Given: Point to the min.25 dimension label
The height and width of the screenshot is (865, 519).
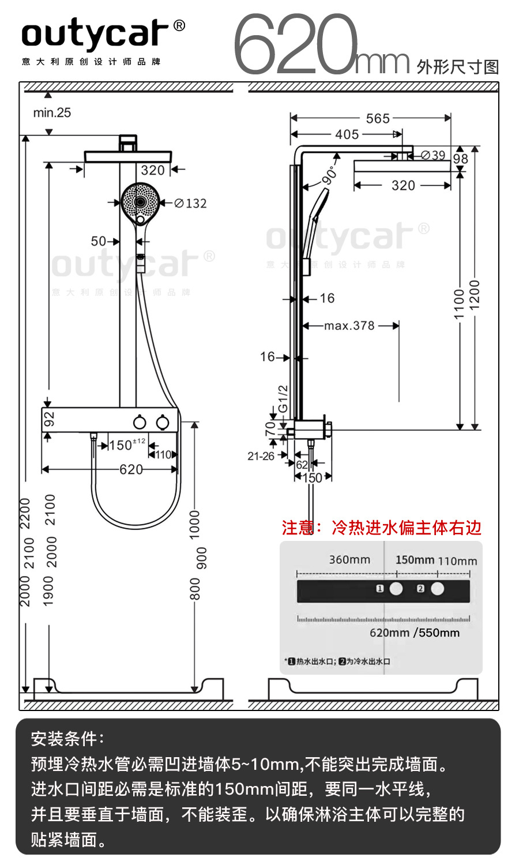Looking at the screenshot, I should pos(52,113).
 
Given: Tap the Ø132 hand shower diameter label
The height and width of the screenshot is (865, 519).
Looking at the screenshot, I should pos(190,203).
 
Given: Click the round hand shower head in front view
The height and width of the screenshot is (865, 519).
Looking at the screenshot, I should pos(140,202).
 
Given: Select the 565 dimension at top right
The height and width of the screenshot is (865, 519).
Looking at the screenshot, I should pos(378,118).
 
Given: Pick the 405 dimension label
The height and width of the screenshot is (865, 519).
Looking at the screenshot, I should pos(347,134).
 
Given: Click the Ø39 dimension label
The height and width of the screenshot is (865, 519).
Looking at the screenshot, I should pos(433,155).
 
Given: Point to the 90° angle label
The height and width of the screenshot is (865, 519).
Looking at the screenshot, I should pos(330,175).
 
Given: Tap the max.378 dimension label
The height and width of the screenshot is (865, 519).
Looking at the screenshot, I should pos(349,326).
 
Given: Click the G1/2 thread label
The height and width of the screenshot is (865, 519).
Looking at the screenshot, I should pos(283,398).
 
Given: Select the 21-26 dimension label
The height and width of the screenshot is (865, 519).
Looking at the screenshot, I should pos(261,456).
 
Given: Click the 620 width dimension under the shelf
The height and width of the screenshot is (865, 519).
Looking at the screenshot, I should pos(131,469).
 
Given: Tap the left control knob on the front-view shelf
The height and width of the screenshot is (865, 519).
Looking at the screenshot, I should pos(140,423).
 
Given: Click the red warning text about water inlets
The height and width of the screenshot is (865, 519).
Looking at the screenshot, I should pos(381,528).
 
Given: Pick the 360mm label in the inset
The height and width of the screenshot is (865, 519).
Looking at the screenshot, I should pos(349,560).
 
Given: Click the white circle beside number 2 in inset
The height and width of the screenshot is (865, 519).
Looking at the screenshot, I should pos(438,589).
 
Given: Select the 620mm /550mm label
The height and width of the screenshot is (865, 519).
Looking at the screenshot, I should pos(415,633).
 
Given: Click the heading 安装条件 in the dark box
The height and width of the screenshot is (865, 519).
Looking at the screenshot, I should pos(67,738).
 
